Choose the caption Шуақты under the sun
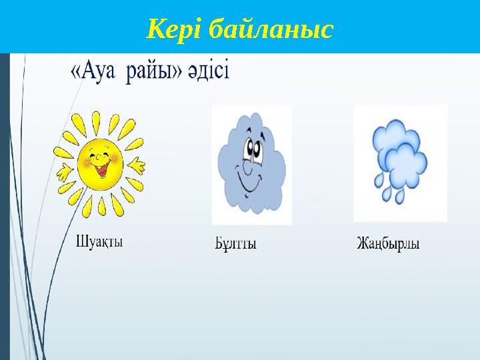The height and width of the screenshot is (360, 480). pyautogui.click(x=100, y=241)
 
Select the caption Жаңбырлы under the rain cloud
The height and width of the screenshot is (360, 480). pyautogui.click(x=387, y=244)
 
